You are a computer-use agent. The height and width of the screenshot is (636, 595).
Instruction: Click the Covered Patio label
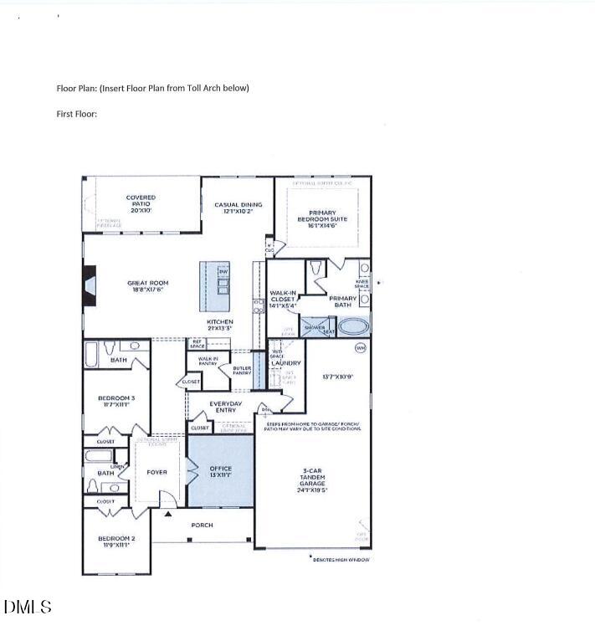pos(141,202)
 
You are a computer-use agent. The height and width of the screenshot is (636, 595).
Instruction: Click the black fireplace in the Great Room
pos(89,282)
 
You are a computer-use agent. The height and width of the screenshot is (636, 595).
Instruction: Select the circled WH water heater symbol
pos(361,347)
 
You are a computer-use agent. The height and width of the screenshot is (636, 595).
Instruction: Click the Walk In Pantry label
pos(208,361)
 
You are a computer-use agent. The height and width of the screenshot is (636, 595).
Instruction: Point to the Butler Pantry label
pos(242,371)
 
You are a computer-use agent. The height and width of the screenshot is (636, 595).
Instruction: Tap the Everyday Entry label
pos(225,407)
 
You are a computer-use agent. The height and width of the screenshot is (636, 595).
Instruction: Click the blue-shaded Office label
pos(220,471)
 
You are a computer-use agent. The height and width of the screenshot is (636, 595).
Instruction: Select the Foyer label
pos(156,472)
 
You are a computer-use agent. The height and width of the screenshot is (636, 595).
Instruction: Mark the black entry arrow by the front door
pos(168,514)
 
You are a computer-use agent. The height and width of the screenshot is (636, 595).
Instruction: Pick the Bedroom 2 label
pos(116,541)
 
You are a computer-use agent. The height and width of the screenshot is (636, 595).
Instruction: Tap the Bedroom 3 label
pos(116,401)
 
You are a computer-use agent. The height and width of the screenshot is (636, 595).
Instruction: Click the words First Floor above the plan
pos(77,113)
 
